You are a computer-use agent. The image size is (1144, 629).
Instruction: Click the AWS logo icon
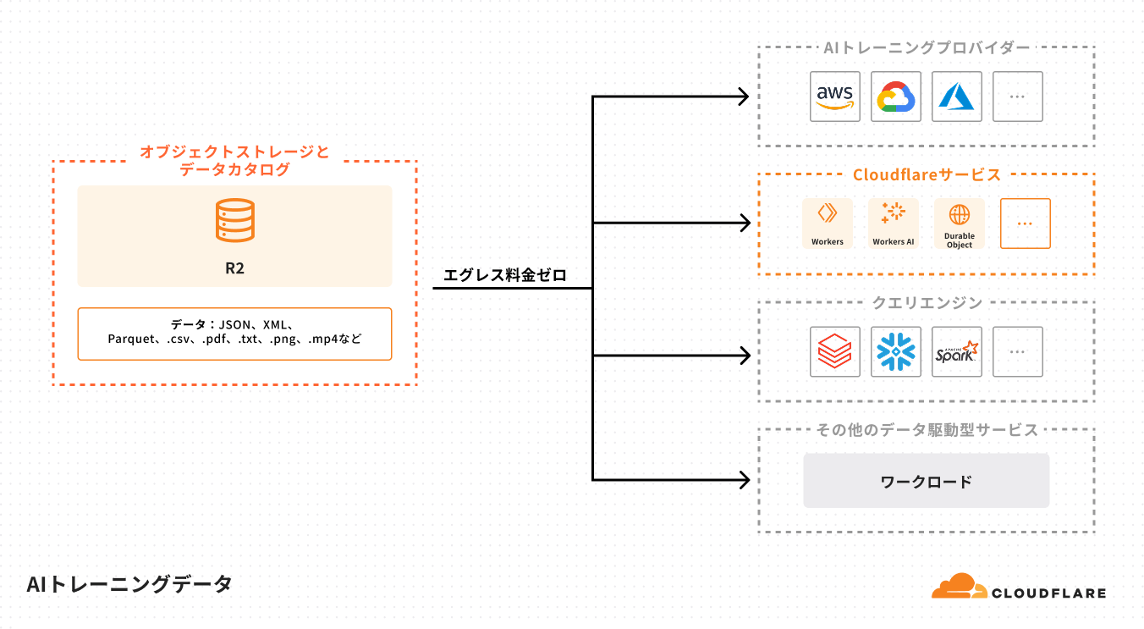click(834, 97)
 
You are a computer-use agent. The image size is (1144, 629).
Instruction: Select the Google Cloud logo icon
click(896, 97)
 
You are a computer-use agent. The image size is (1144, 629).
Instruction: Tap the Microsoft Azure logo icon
click(957, 97)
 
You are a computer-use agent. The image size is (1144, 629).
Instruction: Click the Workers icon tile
click(827, 223)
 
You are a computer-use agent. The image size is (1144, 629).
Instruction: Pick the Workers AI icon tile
click(893, 223)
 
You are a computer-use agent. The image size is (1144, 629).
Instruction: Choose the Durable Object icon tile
click(959, 223)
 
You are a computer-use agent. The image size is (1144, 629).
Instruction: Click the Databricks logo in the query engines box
click(834, 352)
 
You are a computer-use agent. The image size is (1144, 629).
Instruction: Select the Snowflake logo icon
click(896, 352)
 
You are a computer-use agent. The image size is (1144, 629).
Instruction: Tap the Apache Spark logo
click(957, 352)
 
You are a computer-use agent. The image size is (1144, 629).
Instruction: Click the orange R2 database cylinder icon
click(234, 220)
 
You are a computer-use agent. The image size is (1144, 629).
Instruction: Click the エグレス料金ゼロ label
click(504, 275)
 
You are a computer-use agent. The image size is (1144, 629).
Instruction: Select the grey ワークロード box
click(926, 481)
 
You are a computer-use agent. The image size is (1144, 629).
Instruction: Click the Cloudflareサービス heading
click(927, 175)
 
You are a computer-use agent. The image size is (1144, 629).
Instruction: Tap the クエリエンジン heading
click(927, 303)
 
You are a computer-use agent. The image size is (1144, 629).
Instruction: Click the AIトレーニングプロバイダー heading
click(927, 47)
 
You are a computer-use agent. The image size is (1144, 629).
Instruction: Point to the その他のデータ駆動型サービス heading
click(927, 430)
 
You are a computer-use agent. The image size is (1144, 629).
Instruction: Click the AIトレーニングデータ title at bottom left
click(129, 584)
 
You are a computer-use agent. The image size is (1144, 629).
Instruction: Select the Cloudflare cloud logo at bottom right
click(960, 587)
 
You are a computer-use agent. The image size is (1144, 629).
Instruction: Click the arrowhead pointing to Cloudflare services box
click(745, 223)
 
